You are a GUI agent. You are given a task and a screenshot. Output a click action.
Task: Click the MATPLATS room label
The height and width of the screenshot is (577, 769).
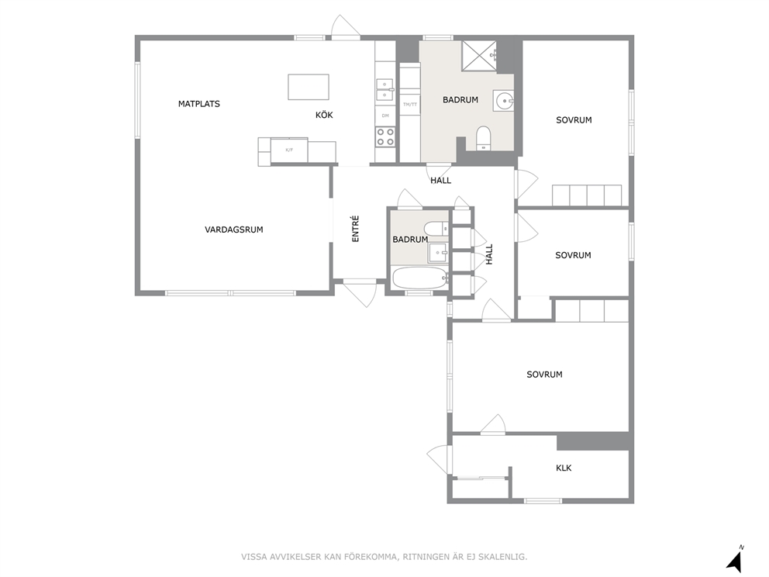198,104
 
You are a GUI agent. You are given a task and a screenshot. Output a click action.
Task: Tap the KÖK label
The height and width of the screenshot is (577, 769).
324,115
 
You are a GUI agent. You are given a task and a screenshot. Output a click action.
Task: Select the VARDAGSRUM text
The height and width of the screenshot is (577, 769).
234,230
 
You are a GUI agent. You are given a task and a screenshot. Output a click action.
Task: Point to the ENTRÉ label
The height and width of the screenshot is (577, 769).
356,229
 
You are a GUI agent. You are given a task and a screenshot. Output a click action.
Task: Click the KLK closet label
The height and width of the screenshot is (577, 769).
564,468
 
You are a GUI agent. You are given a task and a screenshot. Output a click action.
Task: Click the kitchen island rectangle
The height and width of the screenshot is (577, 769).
309,87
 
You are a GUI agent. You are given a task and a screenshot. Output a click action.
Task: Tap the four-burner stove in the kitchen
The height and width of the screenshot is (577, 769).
385,137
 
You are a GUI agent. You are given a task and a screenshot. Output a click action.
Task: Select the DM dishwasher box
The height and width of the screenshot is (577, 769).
385,116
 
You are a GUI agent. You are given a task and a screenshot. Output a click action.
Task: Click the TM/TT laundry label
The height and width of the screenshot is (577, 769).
410,105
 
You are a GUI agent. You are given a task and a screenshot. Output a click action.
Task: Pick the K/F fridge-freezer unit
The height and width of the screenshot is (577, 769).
289,150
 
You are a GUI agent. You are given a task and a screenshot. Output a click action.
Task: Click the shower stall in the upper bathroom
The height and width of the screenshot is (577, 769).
480,56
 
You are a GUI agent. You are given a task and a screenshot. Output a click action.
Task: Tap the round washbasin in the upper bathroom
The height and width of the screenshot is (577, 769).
505,102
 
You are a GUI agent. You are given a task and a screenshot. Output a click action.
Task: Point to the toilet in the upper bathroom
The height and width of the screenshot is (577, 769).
484,138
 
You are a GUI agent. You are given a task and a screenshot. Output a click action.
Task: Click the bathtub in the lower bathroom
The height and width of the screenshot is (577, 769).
421,278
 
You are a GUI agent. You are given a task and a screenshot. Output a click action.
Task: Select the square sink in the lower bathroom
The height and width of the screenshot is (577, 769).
437,253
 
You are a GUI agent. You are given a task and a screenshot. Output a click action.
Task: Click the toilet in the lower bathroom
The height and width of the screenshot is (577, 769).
436,229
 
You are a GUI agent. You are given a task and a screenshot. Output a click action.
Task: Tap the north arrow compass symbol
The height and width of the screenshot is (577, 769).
735,560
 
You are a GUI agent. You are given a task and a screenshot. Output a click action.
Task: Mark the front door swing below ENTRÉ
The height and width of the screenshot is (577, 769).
360,293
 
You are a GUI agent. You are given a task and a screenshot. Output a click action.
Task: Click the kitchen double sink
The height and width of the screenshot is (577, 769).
385,90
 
